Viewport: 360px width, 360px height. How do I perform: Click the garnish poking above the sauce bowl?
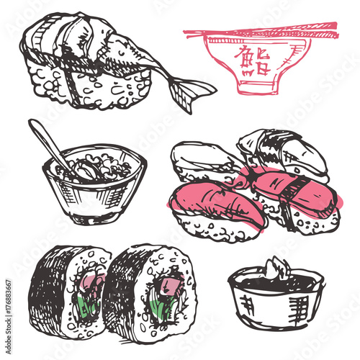point(277,268)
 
